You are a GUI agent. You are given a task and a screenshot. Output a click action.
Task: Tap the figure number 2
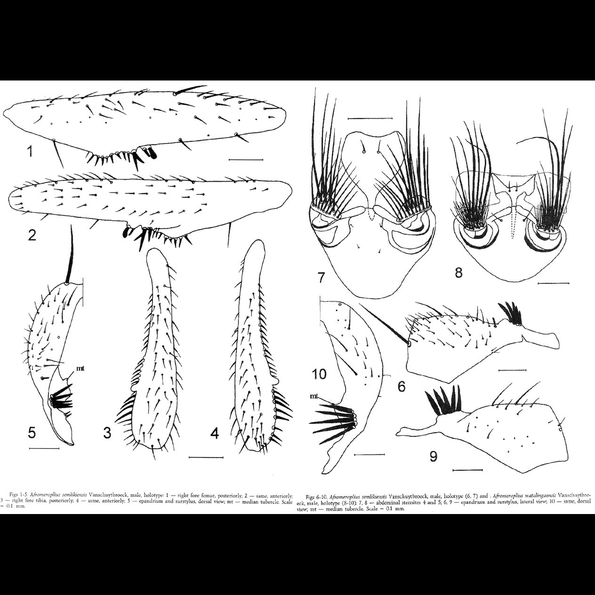[32, 235]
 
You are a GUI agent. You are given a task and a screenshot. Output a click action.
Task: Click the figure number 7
[321, 278]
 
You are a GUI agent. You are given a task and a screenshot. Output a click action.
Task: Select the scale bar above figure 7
[370, 118]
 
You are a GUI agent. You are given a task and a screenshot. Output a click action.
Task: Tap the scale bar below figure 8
[553, 283]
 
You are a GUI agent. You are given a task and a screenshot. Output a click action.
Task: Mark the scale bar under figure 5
[44, 449]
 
